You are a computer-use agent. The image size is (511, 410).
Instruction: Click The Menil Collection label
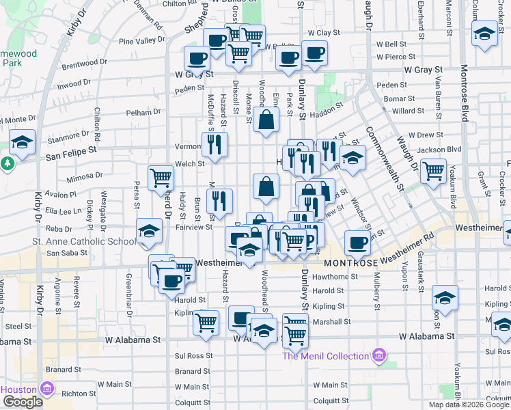click(x=325, y=356)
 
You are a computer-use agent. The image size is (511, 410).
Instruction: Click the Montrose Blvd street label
click(x=464, y=92)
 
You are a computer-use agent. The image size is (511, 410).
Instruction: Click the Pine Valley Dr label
click(x=141, y=41)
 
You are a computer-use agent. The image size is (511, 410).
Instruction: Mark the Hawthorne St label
click(x=335, y=277)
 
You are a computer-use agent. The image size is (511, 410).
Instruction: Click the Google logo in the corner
click(x=23, y=402)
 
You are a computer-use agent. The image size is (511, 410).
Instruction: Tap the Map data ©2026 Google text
click(x=468, y=405)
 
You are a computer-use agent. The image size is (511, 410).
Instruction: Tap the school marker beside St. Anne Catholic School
click(x=149, y=230)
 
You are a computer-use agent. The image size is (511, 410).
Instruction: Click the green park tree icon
click(x=7, y=164)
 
